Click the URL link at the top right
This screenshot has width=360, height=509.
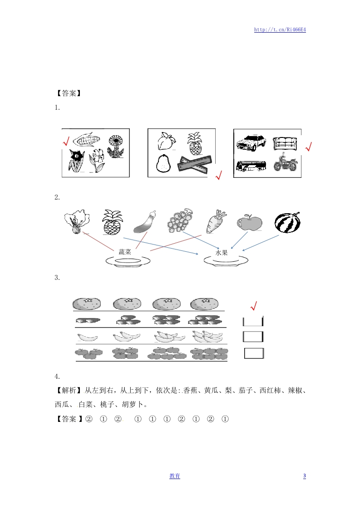pyautogui.click(x=280, y=29)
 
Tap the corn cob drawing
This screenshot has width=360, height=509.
pyautogui.click(x=86, y=139)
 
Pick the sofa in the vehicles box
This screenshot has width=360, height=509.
pyautogui.click(x=285, y=143)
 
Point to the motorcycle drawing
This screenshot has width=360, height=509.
pyautogui.click(x=285, y=162)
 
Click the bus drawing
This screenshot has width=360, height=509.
pyautogui.click(x=251, y=166)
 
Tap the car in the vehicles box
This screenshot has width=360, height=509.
pyautogui.click(x=251, y=142)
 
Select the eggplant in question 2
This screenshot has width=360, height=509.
pyautogui.click(x=144, y=221)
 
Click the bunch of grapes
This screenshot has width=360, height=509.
pyautogui.click(x=180, y=221)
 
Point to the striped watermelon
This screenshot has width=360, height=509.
pyautogui.click(x=287, y=223)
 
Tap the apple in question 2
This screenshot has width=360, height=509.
pyautogui.click(x=249, y=222)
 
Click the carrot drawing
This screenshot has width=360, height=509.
pyautogui.click(x=216, y=221)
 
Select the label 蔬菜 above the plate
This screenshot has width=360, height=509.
pyautogui.click(x=125, y=252)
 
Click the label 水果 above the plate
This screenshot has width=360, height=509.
pyautogui.click(x=221, y=253)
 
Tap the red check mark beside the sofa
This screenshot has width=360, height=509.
pyautogui.click(x=309, y=147)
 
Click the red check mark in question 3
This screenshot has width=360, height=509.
pyautogui.click(x=254, y=306)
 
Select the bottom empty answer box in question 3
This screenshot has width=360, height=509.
pyautogui.click(x=254, y=353)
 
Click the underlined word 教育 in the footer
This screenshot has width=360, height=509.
pyautogui.click(x=175, y=476)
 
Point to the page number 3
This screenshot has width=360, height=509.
pyautogui.click(x=305, y=476)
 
